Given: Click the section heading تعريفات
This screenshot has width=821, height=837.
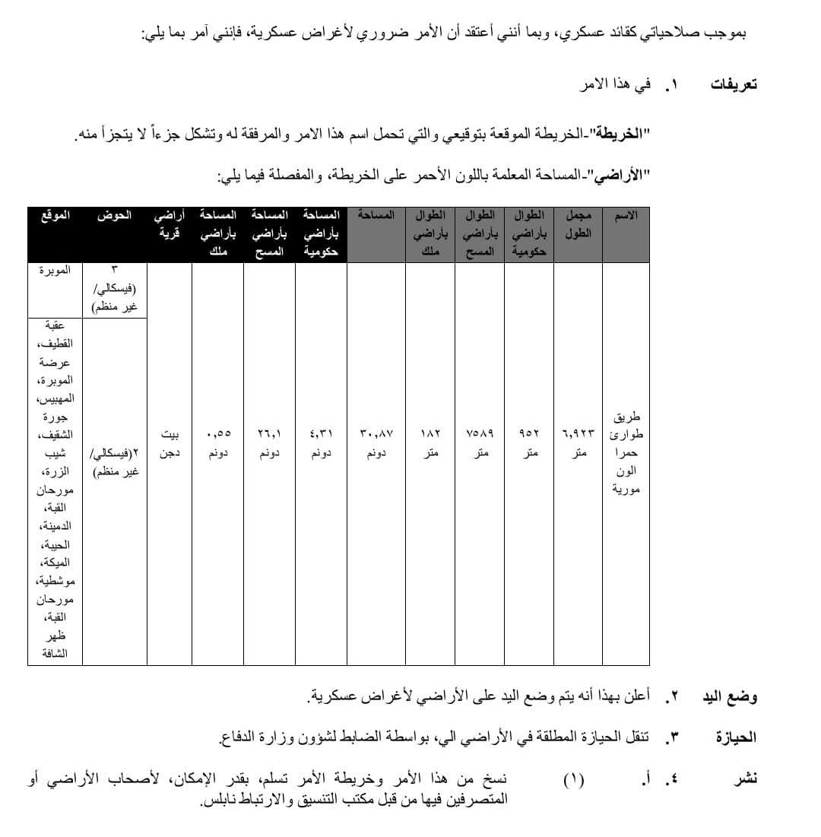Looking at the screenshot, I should pyautogui.click(x=734, y=84).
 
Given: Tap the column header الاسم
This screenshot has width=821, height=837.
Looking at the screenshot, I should pyautogui.click(x=626, y=216).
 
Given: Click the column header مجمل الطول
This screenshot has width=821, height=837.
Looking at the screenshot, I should pyautogui.click(x=578, y=224).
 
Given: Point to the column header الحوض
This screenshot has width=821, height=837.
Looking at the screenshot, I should pyautogui.click(x=114, y=216).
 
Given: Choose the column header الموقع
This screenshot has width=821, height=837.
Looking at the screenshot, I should pyautogui.click(x=55, y=216).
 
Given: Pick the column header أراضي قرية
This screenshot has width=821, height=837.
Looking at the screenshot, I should pyautogui.click(x=170, y=224).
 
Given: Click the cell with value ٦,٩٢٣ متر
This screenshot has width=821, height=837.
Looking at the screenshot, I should pyautogui.click(x=579, y=443).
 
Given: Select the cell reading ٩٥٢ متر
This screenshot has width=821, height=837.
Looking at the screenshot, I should pyautogui.click(x=529, y=443).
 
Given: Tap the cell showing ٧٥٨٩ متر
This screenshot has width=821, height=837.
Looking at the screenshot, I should pyautogui.click(x=480, y=443).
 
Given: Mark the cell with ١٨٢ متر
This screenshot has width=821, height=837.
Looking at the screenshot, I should pyautogui.click(x=430, y=443).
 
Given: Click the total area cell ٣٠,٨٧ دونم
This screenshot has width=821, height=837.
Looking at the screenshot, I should pyautogui.click(x=376, y=443).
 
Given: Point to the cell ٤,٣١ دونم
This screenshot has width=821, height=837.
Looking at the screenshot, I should pyautogui.click(x=321, y=443).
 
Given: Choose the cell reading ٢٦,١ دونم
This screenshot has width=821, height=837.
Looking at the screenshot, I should pyautogui.click(x=269, y=443).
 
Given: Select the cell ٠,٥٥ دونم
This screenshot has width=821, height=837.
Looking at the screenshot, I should pyautogui.click(x=218, y=443).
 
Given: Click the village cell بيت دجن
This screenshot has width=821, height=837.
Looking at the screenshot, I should pyautogui.click(x=170, y=443).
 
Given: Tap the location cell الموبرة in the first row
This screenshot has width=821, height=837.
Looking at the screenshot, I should pyautogui.click(x=55, y=270).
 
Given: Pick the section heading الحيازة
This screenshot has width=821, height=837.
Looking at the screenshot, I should pyautogui.click(x=736, y=737).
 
